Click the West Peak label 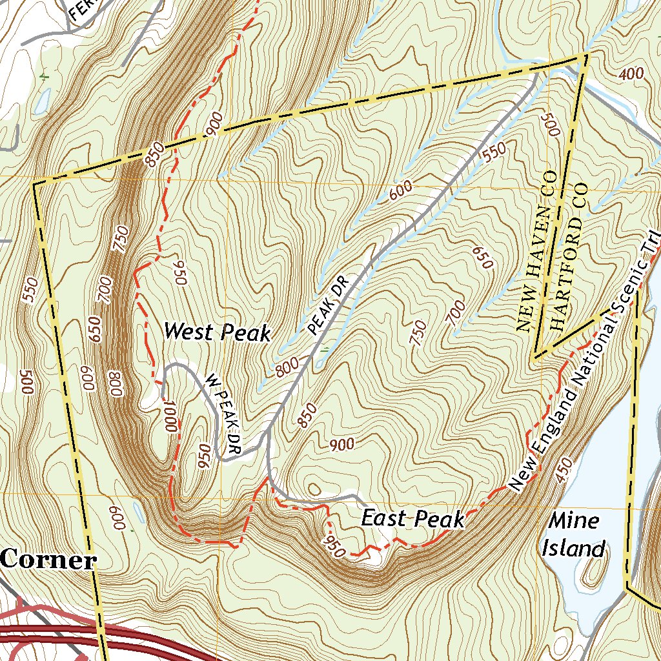pyautogui.click(x=217, y=332)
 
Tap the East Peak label pyautogui.click(x=412, y=518)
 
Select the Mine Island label pyautogui.click(x=574, y=534)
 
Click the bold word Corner pyautogui.click(x=48, y=560)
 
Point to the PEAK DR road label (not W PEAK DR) pyautogui.click(x=329, y=305)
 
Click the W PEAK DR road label pyautogui.click(x=223, y=414)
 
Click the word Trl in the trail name pyautogui.click(x=651, y=249)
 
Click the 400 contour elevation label pyautogui.click(x=631, y=74)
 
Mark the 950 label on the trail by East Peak pyautogui.click(x=334, y=542)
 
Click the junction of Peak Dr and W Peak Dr pyautogui.click(x=267, y=434)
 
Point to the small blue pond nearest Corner pyautogui.click(x=138, y=511)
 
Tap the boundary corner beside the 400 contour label pyautogui.click(x=587, y=55)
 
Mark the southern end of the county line pyautogui.click(x=535, y=357)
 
